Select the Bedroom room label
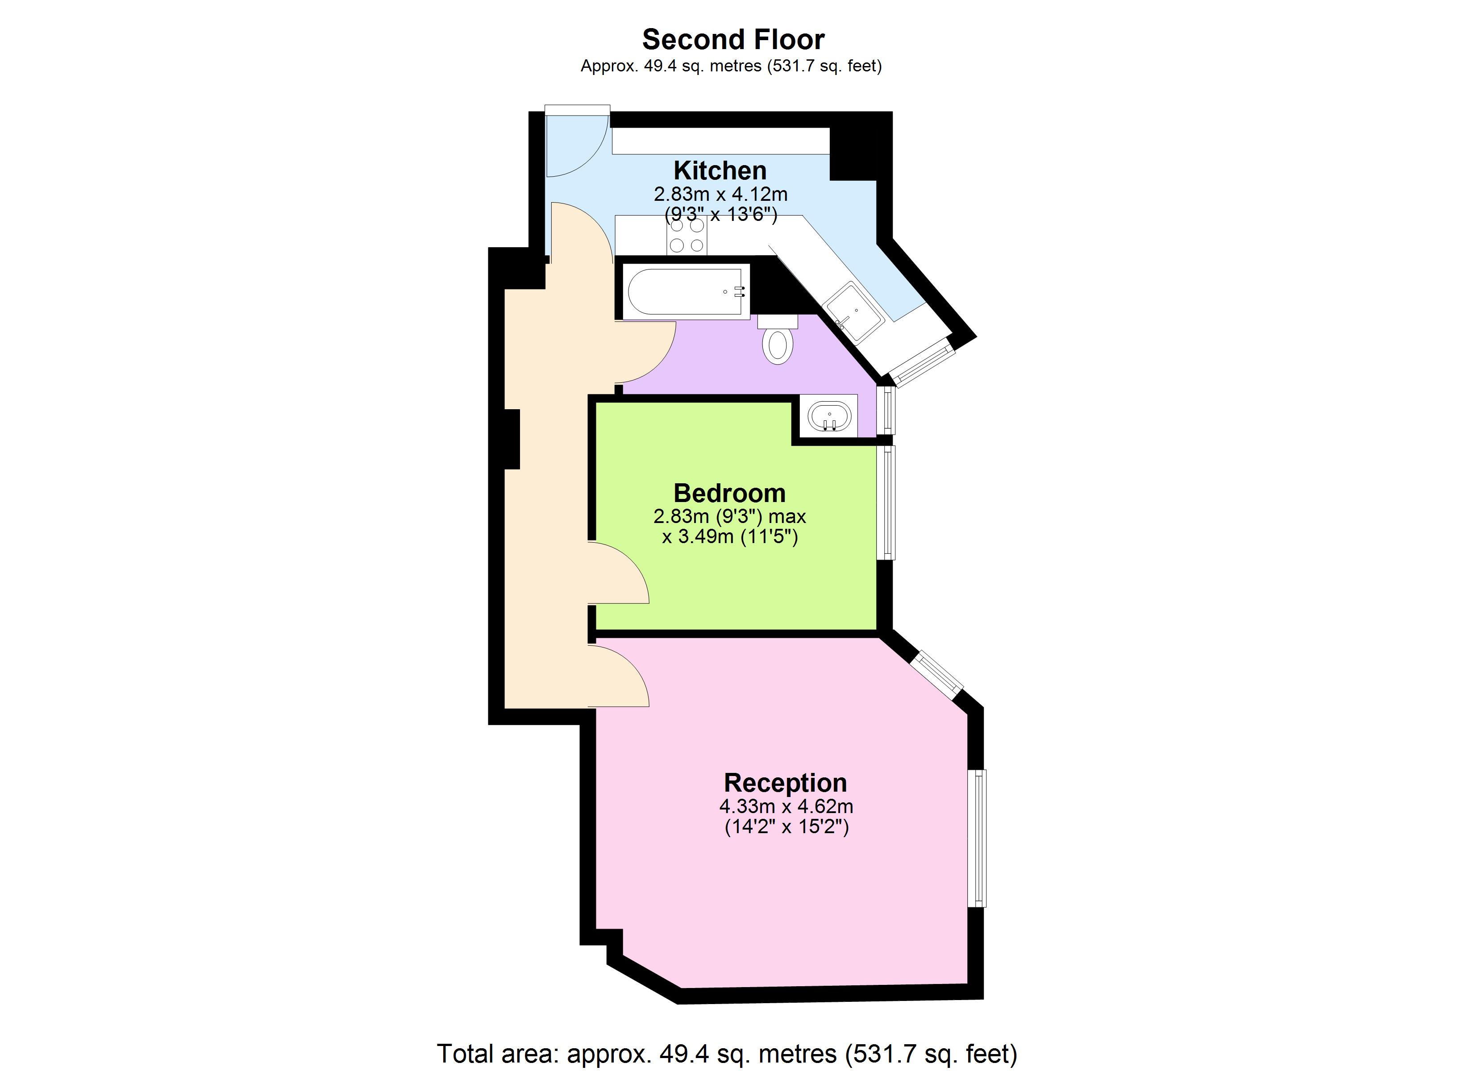pyautogui.click(x=729, y=493)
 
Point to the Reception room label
pyautogui.click(x=785, y=783)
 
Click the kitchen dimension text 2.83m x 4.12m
pyautogui.click(x=720, y=194)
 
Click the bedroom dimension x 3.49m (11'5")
pyautogui.click(x=729, y=536)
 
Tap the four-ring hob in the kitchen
pyautogui.click(x=687, y=236)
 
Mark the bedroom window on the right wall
pyautogui.click(x=886, y=502)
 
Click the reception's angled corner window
pyautogui.click(x=936, y=676)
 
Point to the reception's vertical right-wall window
pyautogui.click(x=976, y=838)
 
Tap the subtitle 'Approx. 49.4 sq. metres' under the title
pyautogui.click(x=731, y=66)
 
